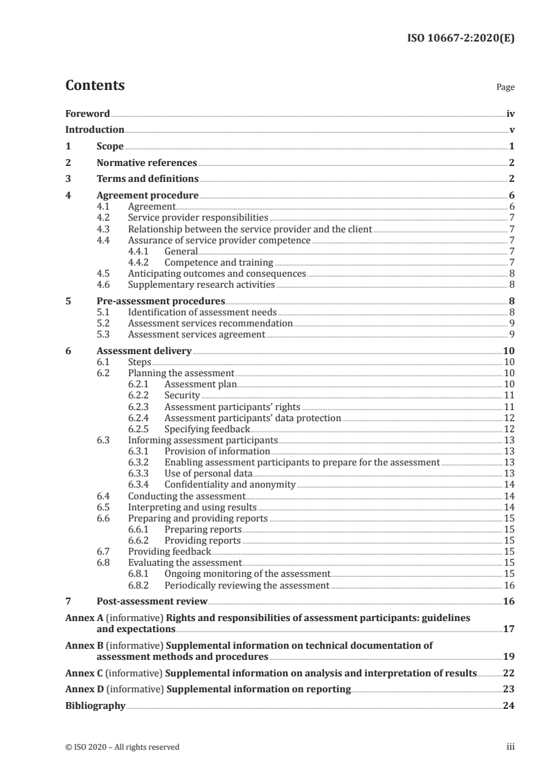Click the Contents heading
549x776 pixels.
tap(95, 86)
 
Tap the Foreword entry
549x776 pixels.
tap(87, 113)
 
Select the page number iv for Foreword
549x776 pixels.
tap(510, 113)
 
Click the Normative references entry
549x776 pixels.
tap(147, 163)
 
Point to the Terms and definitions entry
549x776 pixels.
tap(144, 180)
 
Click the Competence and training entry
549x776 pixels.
tap(218, 263)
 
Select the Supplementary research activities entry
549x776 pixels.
tap(201, 284)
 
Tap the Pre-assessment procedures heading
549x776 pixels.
tap(161, 302)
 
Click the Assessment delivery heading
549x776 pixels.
tap(144, 351)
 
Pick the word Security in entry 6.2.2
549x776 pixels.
tap(182, 395)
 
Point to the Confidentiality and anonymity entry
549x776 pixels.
tap(230, 485)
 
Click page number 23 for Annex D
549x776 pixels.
tap(509, 689)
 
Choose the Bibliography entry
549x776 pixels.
tap(95, 706)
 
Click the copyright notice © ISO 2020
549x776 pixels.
tap(122, 747)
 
